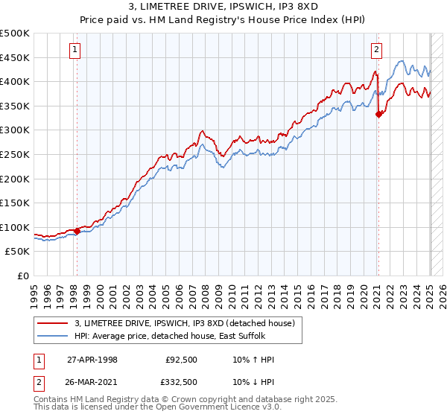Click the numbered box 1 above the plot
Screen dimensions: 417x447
click(x=76, y=50)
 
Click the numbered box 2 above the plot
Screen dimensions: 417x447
click(x=377, y=50)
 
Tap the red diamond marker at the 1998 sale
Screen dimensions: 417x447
click(x=77, y=231)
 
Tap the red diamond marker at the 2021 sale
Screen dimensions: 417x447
click(x=378, y=114)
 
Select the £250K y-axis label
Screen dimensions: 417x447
click(x=15, y=154)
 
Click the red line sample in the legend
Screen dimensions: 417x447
click(x=53, y=323)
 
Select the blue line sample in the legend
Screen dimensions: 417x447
click(x=53, y=336)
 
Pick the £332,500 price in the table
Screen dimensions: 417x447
click(x=181, y=381)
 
